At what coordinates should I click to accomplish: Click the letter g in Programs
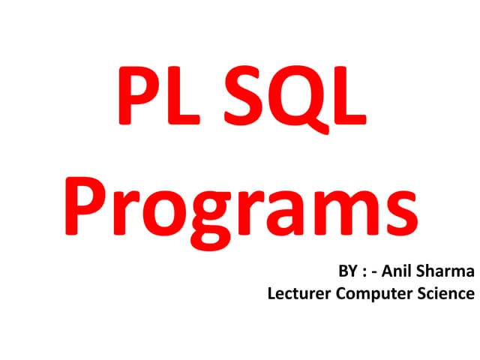226,214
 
